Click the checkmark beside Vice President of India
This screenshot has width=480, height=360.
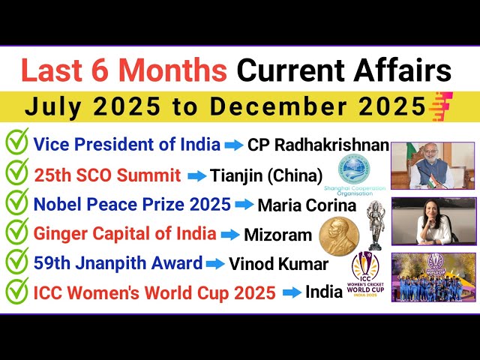pos(16,142)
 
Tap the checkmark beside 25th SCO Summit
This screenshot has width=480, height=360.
pos(16,174)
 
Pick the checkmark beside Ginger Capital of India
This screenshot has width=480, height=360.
pos(16,233)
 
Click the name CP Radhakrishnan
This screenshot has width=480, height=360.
pos(319,144)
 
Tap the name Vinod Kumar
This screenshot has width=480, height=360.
pos(278,264)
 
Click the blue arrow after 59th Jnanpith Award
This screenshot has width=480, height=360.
pos(215,264)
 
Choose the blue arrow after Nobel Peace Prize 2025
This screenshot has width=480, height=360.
pos(244,204)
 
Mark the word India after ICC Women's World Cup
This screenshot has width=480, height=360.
pos(324,292)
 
